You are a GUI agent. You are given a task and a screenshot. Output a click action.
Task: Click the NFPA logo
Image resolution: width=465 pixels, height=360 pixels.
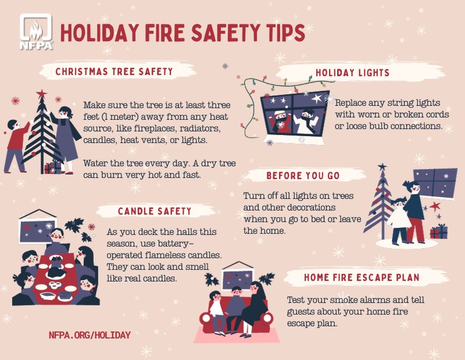click(36, 31)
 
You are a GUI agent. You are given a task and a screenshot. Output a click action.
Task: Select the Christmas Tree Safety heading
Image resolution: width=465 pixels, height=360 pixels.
click(114, 72)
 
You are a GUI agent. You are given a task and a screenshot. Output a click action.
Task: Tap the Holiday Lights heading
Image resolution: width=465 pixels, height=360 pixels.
click(352, 73)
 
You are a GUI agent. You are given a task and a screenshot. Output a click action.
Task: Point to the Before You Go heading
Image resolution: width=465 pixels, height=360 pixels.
click(303, 176)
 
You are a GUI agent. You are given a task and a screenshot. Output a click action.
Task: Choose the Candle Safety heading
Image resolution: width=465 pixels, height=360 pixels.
click(155, 211)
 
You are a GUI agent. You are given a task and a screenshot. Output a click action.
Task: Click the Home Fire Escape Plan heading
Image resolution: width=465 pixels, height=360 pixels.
click(362, 277)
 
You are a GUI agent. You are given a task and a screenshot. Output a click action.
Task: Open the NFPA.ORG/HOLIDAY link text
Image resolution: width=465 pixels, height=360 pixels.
click(90, 335)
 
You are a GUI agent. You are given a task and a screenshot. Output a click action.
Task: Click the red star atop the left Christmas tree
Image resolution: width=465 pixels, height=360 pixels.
click(41, 94)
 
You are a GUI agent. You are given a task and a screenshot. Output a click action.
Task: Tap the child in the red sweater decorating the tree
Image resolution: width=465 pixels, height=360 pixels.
click(16, 145)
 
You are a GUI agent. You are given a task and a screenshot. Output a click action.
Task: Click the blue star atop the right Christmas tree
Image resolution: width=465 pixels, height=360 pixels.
click(382, 167)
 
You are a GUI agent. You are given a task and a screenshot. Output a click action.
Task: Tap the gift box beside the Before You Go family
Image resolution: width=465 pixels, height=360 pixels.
click(439, 231)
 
